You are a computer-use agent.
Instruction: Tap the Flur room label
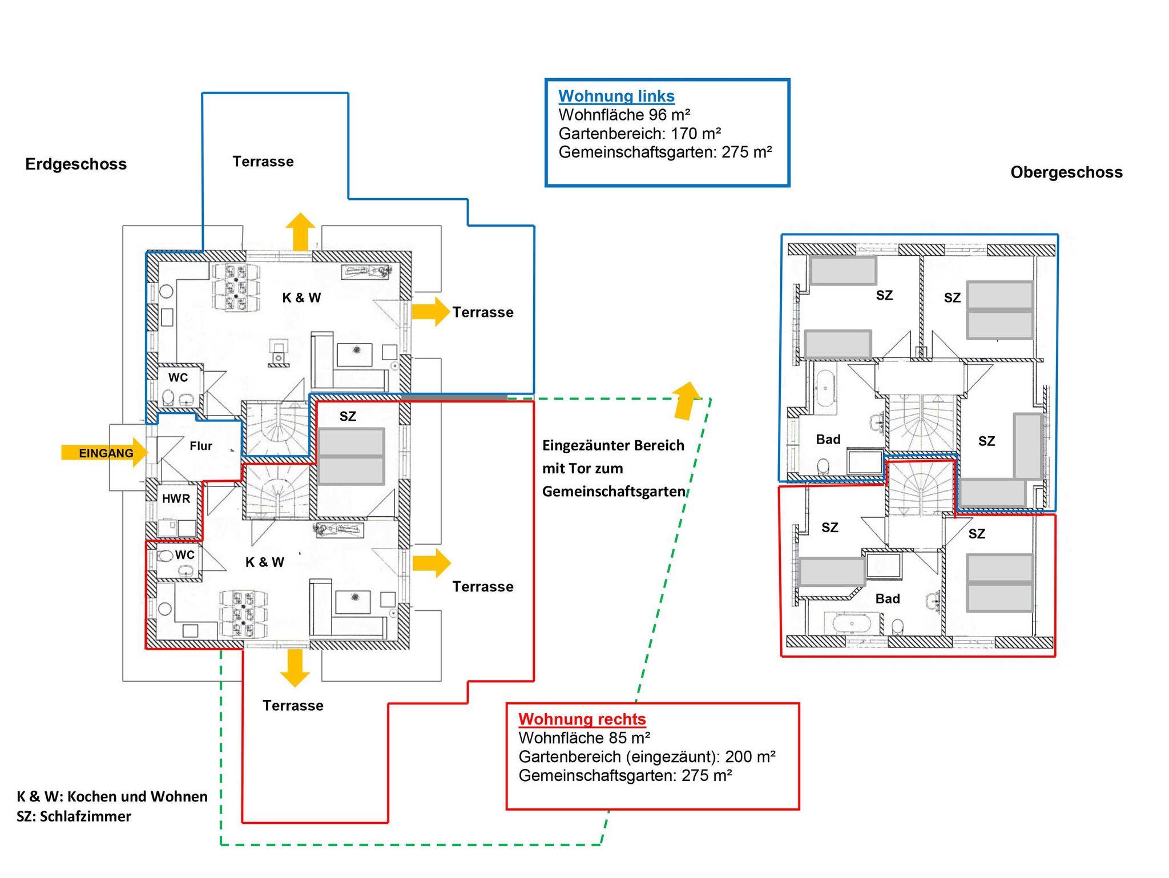point(201,446)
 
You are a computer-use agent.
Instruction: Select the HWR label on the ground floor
point(176,499)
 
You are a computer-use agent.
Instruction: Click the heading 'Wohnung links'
point(616,96)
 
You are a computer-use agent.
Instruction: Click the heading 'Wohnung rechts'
point(582,719)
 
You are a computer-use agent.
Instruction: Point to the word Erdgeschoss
point(76,164)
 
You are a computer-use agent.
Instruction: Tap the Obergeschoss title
point(1066,172)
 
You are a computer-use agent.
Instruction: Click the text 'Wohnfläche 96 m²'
point(624,115)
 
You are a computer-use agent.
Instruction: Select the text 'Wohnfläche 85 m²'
point(584,738)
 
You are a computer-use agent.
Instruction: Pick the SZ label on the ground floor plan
point(348,417)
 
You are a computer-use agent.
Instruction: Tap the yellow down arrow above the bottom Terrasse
point(295,667)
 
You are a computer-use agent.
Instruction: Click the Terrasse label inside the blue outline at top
point(263,162)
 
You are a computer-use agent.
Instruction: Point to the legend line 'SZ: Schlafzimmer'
point(74,816)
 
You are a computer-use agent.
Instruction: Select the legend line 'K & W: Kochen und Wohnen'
point(112,796)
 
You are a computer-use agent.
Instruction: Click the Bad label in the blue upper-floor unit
point(828,440)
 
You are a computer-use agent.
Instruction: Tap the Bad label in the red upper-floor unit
point(887,599)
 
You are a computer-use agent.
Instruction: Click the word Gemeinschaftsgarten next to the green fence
point(614,492)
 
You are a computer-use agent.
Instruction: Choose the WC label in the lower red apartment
point(184,555)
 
